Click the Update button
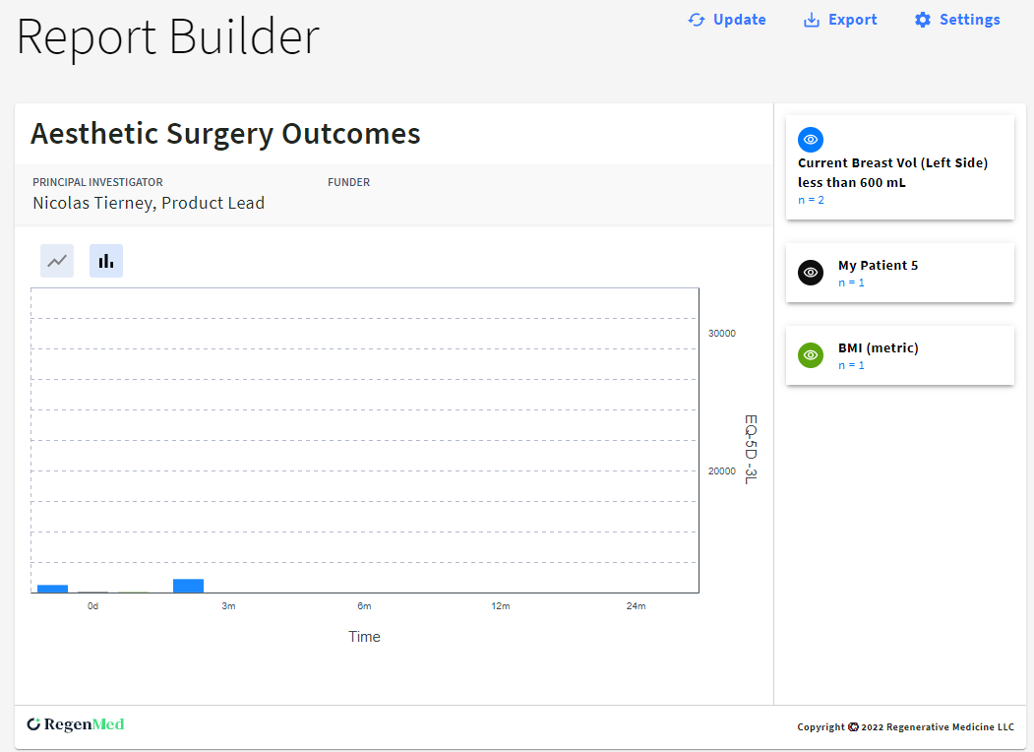coord(727,20)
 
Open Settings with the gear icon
coord(922,20)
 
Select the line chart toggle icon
coord(57,261)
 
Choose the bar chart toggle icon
coord(106,261)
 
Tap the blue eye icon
coord(811,140)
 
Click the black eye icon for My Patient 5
coord(811,273)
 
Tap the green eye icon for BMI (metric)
coord(811,355)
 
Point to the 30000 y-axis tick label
coord(721,334)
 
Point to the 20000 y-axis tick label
coord(721,471)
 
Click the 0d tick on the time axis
coord(92,606)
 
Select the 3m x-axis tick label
coord(228,606)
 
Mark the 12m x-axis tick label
coord(500,606)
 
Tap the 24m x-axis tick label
coord(636,606)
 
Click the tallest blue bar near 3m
coord(188,586)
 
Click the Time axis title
coord(364,637)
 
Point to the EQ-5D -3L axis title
coord(750,449)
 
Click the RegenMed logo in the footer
coord(76,724)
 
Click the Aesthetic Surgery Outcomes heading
coord(225,134)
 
